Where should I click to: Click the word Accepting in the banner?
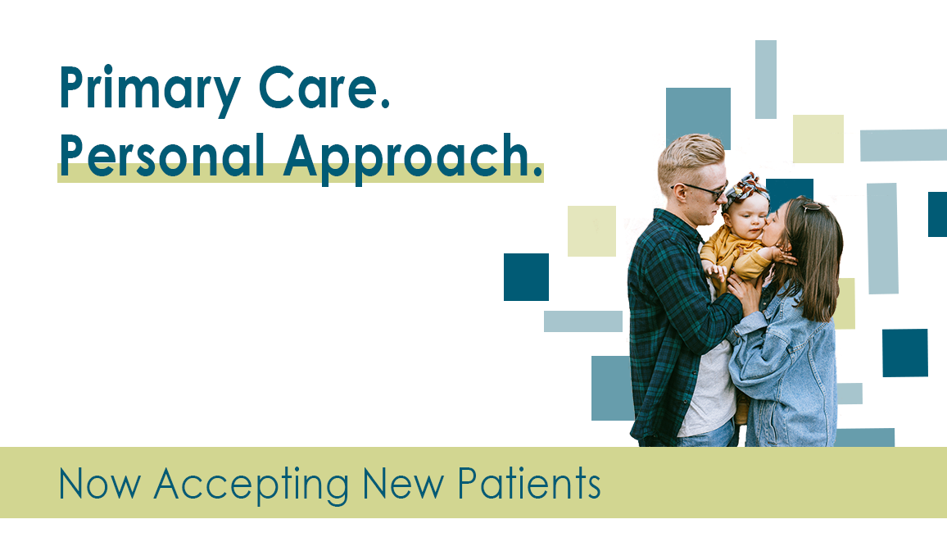[251, 485]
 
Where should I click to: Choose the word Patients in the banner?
[528, 484]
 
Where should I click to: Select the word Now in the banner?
[100, 484]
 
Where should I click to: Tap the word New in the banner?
[403, 484]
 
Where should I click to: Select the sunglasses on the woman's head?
[811, 207]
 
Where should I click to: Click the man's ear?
[679, 194]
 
